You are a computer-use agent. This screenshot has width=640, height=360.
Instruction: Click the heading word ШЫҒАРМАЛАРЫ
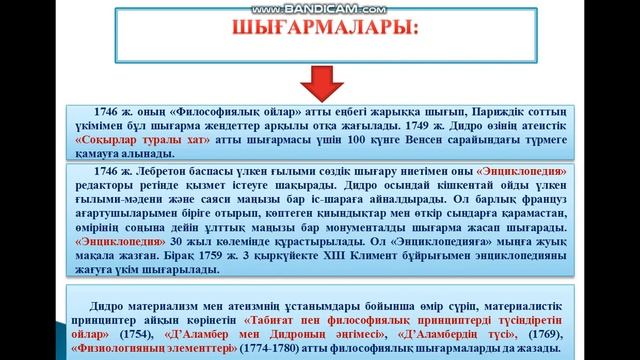319,29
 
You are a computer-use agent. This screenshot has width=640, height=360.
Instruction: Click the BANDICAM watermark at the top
319,5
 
